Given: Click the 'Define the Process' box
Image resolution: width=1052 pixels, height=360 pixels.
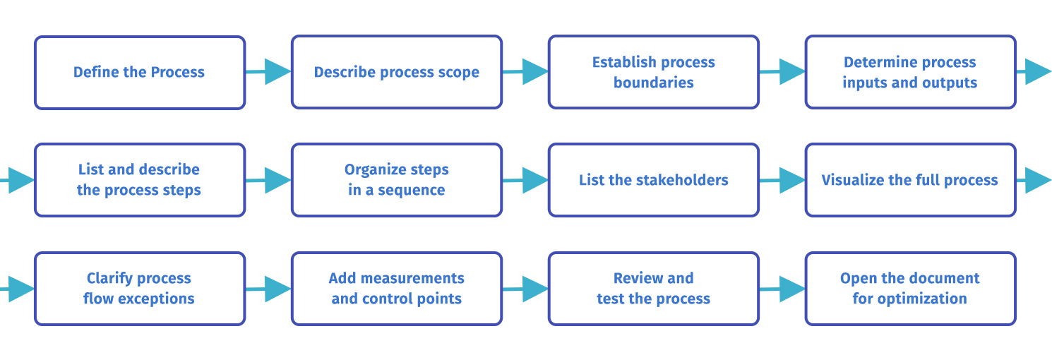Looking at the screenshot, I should click(139, 73).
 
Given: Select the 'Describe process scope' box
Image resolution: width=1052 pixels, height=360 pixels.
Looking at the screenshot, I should click(396, 73).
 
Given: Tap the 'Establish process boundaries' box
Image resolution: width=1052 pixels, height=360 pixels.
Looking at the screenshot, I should click(653, 73).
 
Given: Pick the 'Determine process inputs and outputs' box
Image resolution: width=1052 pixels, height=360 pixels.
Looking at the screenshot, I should click(910, 73).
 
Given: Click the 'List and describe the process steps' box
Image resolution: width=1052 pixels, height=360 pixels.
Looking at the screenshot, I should click(139, 180).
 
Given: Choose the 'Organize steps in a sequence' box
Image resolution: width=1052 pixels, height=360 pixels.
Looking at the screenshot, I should click(396, 180).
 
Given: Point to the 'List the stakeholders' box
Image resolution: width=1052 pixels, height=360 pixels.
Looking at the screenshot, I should click(653, 180).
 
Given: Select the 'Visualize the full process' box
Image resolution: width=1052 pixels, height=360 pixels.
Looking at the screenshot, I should click(910, 180).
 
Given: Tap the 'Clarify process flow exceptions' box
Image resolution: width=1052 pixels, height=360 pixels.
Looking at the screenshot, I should click(139, 288).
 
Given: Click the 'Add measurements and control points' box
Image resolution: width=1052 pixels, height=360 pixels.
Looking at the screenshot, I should click(396, 288).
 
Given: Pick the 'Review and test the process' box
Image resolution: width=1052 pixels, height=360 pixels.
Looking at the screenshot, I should click(653, 288).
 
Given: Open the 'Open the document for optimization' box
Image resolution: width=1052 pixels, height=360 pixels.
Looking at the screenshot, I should click(910, 288).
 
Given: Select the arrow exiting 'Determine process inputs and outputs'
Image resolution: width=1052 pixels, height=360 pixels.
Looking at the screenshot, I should click(1035, 71).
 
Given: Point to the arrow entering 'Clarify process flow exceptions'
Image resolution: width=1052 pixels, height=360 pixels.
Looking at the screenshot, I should click(17, 288).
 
